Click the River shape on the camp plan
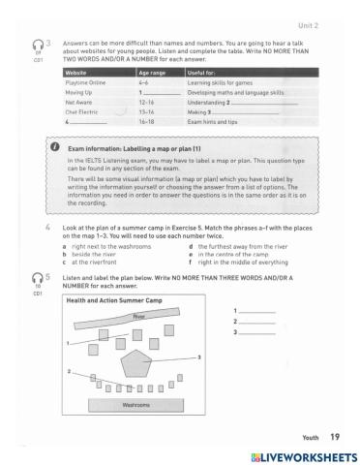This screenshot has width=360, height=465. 138,316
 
